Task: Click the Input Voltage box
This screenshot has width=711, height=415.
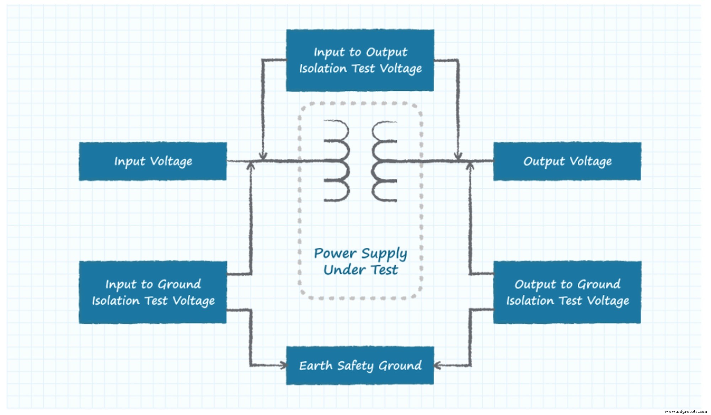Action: (153, 161)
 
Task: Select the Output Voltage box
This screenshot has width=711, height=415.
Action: (567, 161)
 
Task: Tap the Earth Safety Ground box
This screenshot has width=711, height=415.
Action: (360, 366)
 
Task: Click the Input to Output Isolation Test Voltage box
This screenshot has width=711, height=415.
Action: (360, 60)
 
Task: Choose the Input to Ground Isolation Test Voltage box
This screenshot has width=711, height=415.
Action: (153, 292)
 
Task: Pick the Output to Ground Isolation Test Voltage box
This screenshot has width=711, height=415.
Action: (567, 292)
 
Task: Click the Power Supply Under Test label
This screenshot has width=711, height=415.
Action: (360, 261)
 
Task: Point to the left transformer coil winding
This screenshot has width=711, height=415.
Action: (337, 161)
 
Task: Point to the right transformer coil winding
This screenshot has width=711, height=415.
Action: (384, 161)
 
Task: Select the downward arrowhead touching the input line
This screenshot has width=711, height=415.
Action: (263, 157)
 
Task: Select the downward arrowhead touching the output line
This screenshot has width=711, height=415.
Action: (458, 157)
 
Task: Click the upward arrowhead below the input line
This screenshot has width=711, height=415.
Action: (251, 166)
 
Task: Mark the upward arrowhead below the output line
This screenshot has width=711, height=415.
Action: (470, 166)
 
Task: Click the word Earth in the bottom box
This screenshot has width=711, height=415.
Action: (316, 366)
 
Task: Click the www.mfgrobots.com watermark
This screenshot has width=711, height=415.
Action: (685, 411)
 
